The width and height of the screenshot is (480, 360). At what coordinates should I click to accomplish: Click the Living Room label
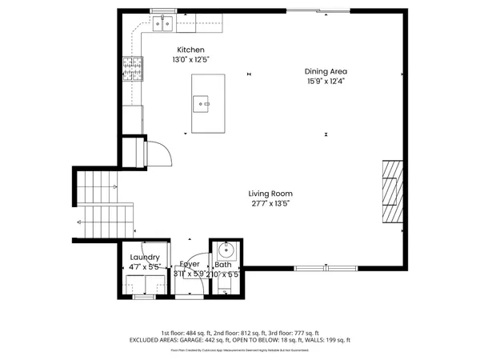pos(270,194)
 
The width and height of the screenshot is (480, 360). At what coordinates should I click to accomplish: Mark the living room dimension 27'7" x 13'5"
pos(270,204)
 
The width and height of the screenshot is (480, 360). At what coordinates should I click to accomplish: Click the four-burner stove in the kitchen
pos(132,67)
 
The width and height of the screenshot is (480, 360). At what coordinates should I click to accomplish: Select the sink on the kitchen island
pos(202,102)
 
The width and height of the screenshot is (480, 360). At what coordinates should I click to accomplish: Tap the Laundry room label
pos(145,258)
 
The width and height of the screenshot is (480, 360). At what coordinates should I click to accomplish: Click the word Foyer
pos(189,264)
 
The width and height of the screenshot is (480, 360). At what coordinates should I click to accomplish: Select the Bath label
pos(222,264)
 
